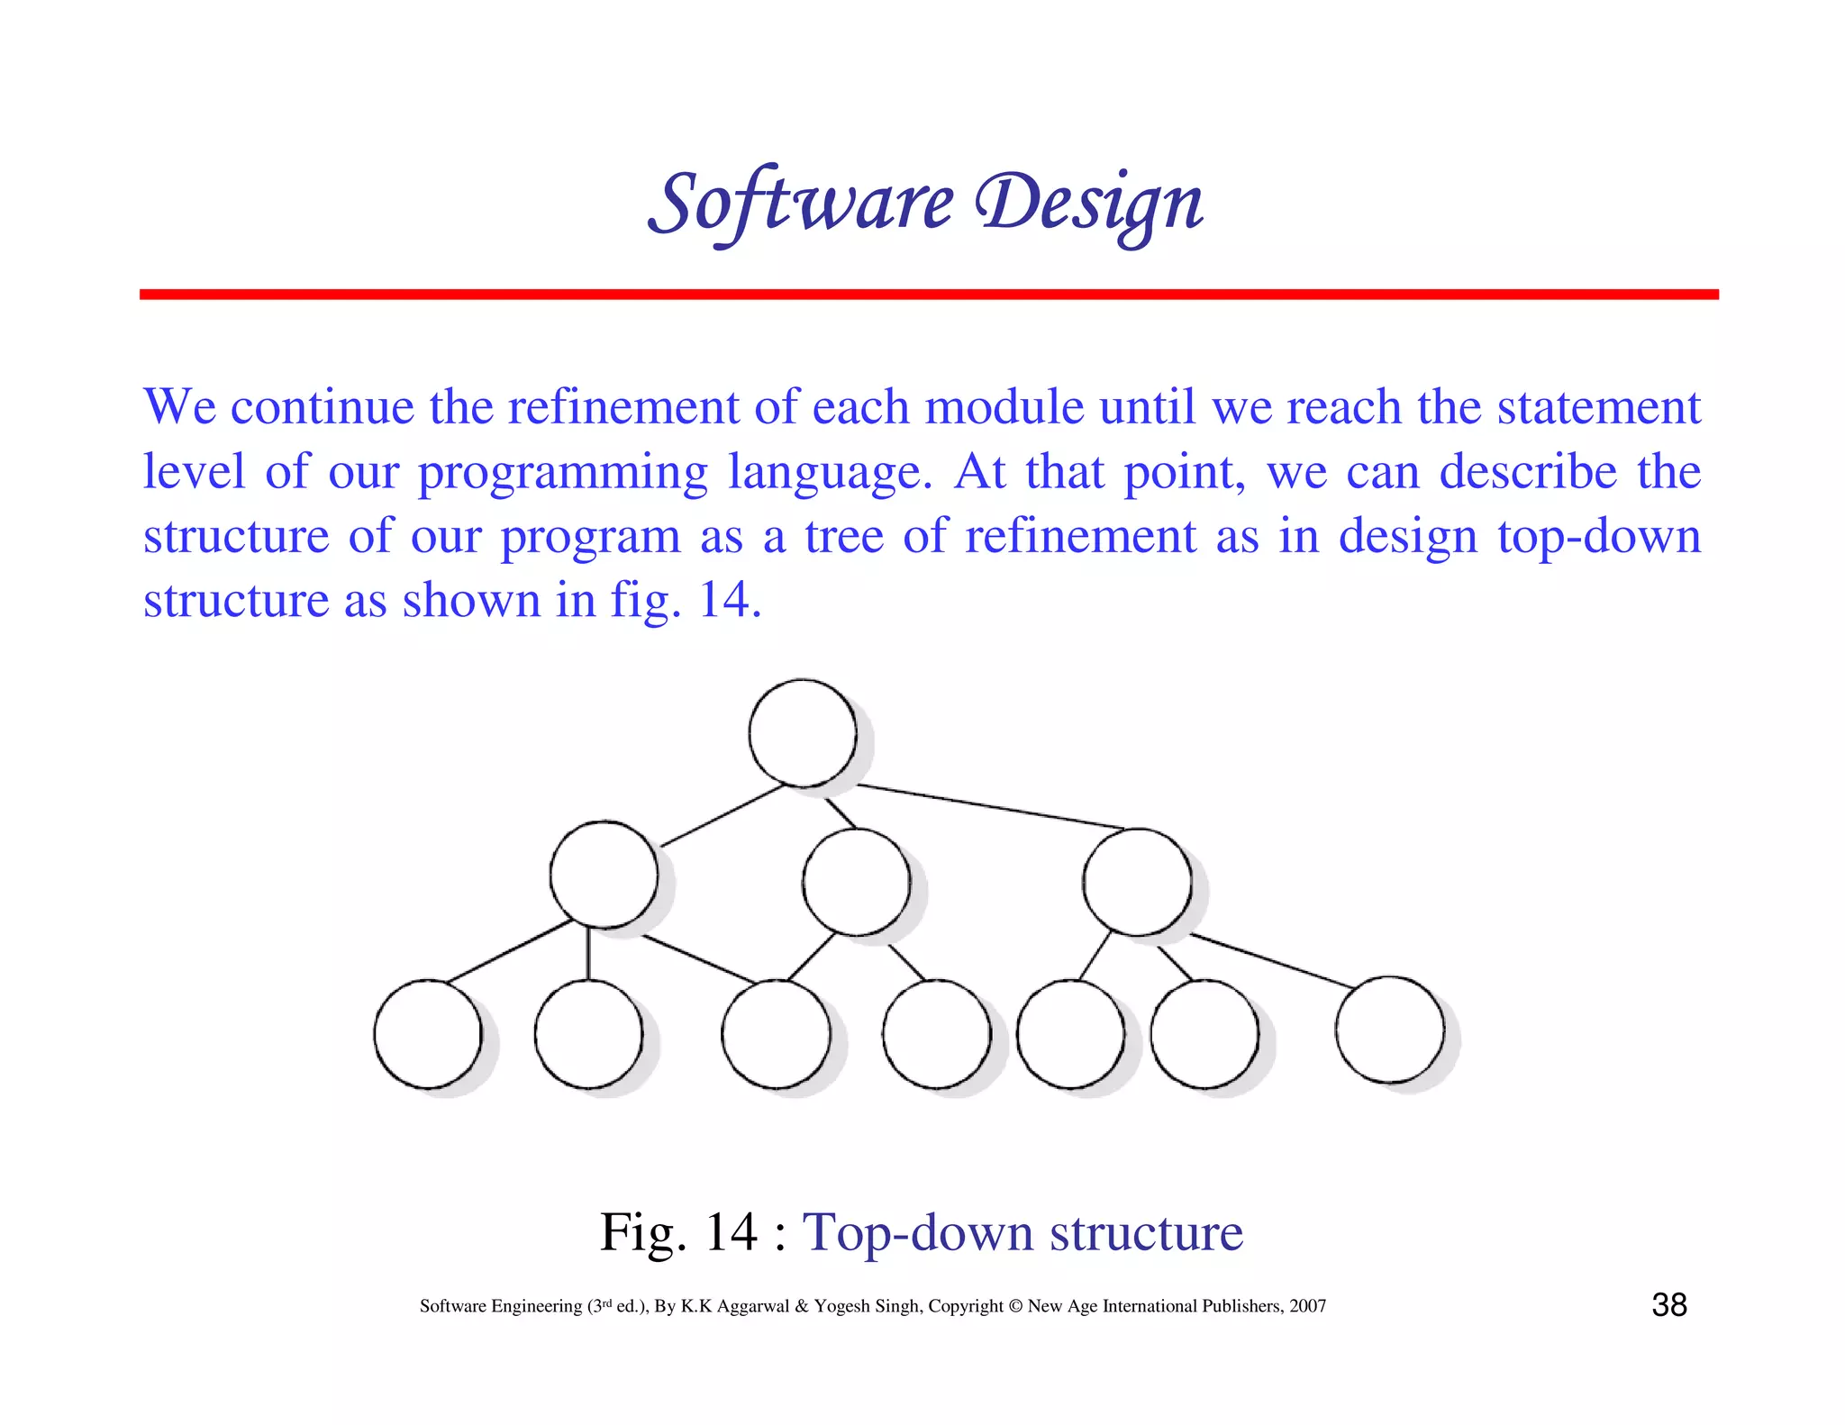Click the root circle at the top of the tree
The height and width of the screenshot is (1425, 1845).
pyautogui.click(x=802, y=732)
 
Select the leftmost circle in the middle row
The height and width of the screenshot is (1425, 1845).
pyautogui.click(x=604, y=874)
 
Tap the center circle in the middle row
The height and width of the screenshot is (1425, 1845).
pyautogui.click(x=856, y=881)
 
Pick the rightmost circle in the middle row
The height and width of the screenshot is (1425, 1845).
pyautogui.click(x=1137, y=881)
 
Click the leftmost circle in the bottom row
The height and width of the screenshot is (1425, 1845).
pyautogui.click(x=428, y=1033)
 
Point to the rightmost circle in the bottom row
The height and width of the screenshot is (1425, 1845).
pyautogui.click(x=1389, y=1029)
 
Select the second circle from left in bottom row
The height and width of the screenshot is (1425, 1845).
pyautogui.click(x=588, y=1033)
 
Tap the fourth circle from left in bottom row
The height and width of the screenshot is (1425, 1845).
pyautogui.click(x=936, y=1033)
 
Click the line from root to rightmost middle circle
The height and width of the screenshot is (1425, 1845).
pyautogui.click(x=991, y=807)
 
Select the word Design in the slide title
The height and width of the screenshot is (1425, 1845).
pyautogui.click(x=1090, y=204)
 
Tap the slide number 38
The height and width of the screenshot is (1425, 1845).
pyautogui.click(x=1668, y=1304)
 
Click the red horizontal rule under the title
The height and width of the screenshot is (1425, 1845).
pyautogui.click(x=928, y=295)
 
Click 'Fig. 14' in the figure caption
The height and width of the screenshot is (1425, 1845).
pyautogui.click(x=678, y=1231)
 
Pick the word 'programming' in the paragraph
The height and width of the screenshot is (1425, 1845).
pyautogui.click(x=563, y=473)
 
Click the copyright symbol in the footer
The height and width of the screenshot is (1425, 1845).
pyautogui.click(x=1015, y=1306)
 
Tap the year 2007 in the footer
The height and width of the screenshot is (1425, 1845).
pyautogui.click(x=1307, y=1306)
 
